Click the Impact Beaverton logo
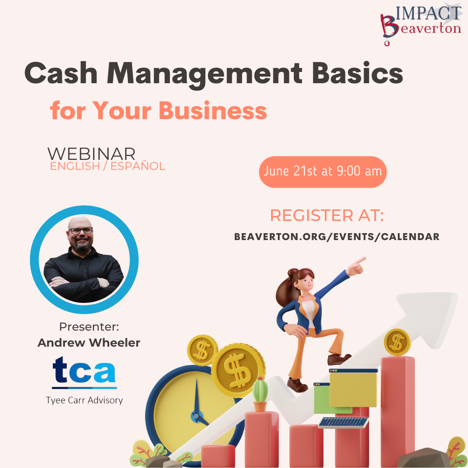[421, 24]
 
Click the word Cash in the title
[61, 73]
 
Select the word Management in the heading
[205, 75]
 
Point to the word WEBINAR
[91, 154]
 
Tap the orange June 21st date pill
[323, 172]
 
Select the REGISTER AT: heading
[327, 215]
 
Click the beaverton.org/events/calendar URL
[337, 237]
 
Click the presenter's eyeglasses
[81, 231]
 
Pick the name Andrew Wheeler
[89, 343]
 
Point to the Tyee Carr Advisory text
[84, 400]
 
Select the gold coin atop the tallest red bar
[397, 342]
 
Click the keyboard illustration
[344, 422]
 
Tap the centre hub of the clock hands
[196, 416]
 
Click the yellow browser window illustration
[354, 388]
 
